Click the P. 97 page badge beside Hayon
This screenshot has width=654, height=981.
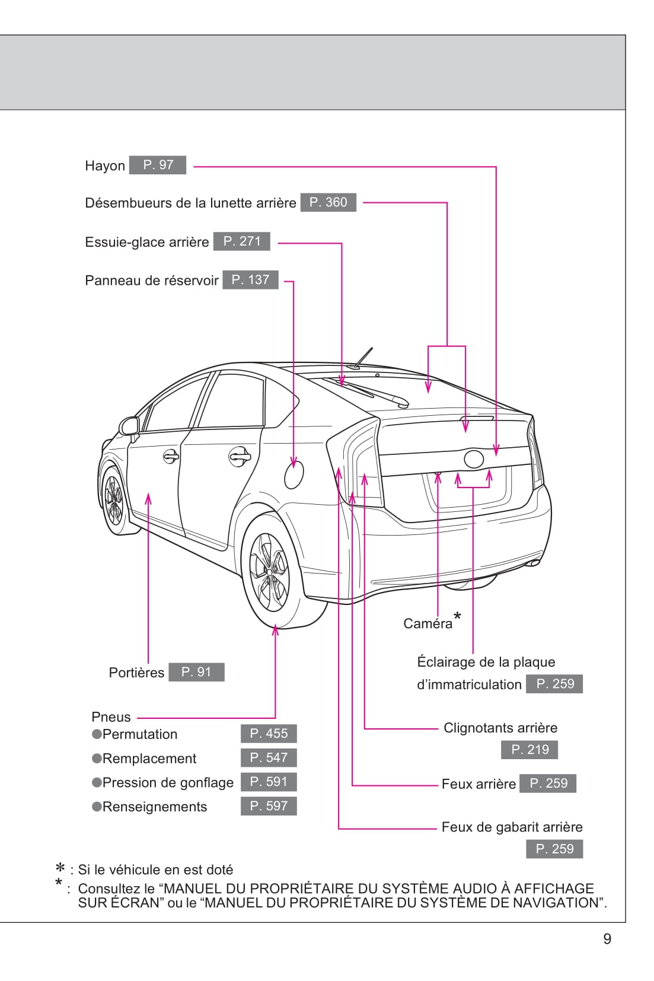pos(158,165)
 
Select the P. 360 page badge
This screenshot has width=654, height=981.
pos(328,202)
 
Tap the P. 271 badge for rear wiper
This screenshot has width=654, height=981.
pos(242,241)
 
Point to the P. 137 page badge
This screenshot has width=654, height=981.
pos(250,280)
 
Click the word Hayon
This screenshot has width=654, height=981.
pos(105,166)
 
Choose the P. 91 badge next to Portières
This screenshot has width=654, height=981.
pos(196,672)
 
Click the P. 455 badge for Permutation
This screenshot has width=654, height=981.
pos(269,734)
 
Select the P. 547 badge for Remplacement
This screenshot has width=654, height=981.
pos(269,757)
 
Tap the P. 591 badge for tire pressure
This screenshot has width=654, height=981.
pos(269,782)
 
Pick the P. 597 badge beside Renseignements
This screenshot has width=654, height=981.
pos(269,806)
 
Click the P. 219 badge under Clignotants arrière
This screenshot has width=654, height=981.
pos(529,750)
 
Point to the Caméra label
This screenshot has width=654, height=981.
pos(428,623)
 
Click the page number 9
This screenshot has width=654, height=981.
pos(607,939)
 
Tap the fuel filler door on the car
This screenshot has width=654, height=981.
pos(293,474)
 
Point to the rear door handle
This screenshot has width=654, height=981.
pos(240,457)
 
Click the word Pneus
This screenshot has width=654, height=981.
pos(111,717)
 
